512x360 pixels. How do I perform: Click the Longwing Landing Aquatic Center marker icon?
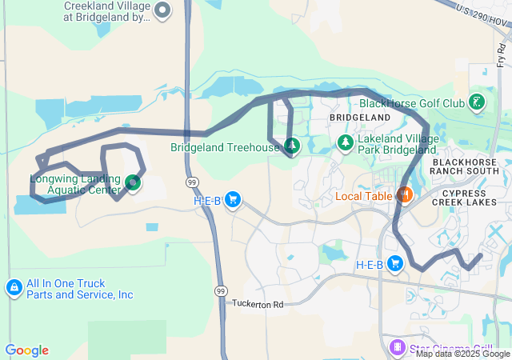133,183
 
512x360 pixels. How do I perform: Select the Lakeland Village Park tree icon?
345,143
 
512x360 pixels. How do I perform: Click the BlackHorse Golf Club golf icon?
477,102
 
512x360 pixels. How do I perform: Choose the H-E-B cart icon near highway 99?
233,199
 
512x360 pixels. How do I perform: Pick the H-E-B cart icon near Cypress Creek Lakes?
394,263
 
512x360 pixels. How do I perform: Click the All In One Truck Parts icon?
14,287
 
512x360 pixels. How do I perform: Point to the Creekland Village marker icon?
163,10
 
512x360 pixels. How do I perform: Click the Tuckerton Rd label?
258,304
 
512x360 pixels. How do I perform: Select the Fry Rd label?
501,54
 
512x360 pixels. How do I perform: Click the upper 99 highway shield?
193,182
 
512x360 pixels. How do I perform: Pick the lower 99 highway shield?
222,291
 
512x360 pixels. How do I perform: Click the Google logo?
26,350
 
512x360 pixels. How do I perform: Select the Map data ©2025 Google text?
462,354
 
